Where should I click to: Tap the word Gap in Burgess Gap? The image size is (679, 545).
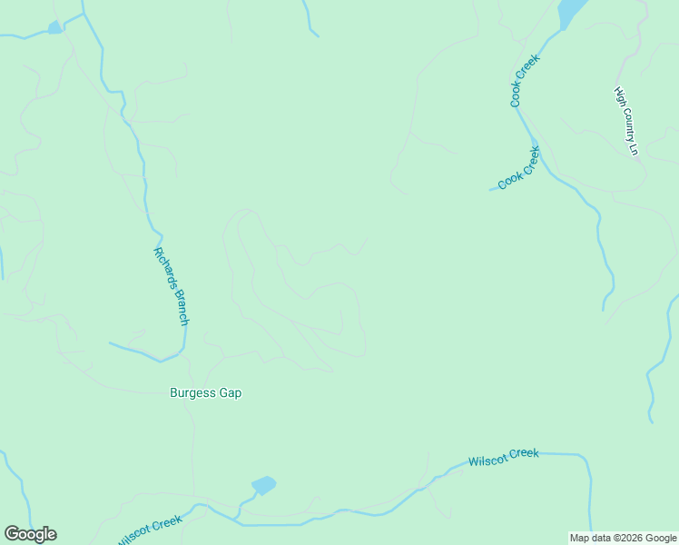(231, 393)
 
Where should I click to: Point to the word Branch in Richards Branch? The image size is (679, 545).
(180, 309)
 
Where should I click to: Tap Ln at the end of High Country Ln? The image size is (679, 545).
(635, 148)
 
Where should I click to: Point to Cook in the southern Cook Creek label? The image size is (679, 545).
(509, 180)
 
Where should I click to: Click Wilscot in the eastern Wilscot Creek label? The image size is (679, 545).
(488, 460)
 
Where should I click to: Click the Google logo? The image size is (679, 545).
(30, 534)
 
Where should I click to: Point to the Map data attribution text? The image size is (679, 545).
(590, 538)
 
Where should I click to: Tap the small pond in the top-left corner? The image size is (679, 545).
(55, 27)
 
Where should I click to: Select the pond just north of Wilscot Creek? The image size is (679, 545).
(263, 485)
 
